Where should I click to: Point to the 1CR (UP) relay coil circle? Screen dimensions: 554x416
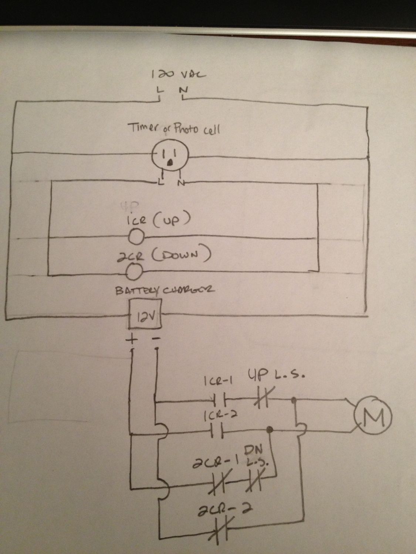point(136,237)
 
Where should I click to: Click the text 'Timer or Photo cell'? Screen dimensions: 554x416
point(174,129)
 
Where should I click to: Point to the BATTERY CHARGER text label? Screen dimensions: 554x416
point(165,291)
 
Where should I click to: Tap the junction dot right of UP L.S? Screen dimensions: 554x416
point(294,400)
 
